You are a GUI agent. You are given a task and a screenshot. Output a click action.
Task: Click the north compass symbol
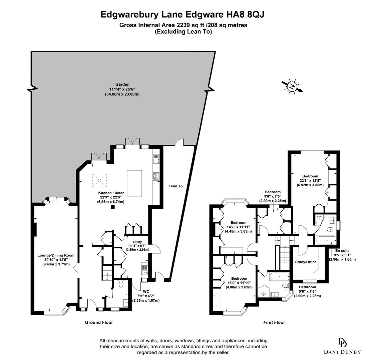[292, 87]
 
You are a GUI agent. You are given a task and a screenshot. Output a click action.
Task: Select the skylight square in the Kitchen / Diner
[99, 180]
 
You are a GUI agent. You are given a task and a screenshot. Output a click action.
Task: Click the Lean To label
[175, 186]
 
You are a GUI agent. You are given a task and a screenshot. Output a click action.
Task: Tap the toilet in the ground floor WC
[121, 284]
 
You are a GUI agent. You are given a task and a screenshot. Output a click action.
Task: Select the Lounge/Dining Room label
[56, 255]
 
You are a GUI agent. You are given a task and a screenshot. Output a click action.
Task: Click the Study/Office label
[306, 262]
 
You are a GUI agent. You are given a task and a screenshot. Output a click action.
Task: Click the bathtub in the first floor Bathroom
[279, 276]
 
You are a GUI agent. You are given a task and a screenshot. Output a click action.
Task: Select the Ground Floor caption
[99, 322]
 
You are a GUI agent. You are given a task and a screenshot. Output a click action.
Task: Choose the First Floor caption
[274, 322]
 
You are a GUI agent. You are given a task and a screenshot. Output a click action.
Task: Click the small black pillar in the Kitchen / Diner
[113, 207]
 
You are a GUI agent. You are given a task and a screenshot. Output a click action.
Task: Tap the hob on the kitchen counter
[156, 176]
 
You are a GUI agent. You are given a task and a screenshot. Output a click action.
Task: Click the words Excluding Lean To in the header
[183, 32]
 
